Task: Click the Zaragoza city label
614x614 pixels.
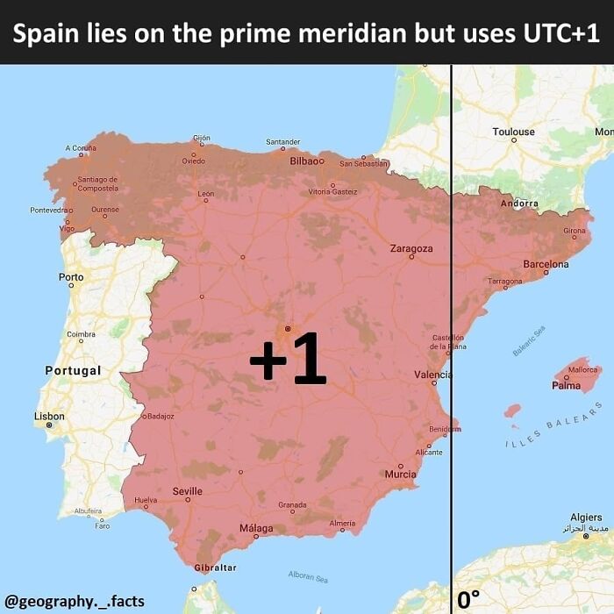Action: point(411,249)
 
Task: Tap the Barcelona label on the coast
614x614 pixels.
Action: point(546,264)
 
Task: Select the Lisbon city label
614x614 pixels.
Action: point(49,416)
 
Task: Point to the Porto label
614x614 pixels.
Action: point(71,277)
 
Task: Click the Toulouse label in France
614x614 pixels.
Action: point(513,132)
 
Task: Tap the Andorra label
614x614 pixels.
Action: point(518,203)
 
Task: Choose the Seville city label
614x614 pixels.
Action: point(188,491)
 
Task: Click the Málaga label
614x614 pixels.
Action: point(256,529)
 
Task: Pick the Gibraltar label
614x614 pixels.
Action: point(215,568)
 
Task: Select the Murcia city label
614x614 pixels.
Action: point(401,475)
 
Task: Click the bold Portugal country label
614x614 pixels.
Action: point(73,371)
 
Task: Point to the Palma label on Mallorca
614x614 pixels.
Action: point(566,385)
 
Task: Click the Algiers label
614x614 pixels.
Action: point(586,518)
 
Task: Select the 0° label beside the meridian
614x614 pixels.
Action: point(468,600)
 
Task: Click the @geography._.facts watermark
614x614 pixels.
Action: point(75,601)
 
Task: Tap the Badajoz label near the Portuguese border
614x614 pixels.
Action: point(161,416)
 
